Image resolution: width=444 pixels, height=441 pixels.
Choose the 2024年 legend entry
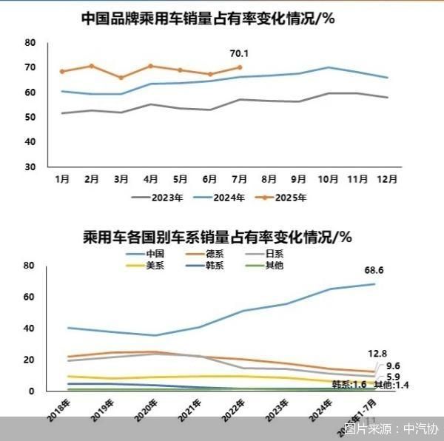[x=223, y=198]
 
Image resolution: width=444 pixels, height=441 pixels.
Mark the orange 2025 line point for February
[x=92, y=66]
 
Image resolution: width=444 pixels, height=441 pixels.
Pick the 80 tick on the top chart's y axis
[x=30, y=43]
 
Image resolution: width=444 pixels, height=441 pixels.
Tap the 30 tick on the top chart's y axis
[x=30, y=166]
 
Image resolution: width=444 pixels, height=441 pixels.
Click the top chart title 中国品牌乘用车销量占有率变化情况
[x=207, y=18]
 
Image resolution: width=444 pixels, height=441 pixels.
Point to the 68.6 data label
[x=374, y=271]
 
